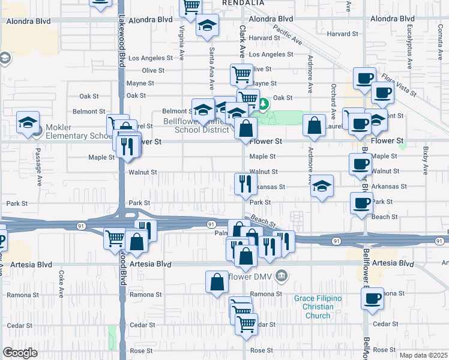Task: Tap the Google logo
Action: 20,352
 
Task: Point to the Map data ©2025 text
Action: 423,355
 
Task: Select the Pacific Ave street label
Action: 288,35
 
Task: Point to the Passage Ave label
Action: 37,162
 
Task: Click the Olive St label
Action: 153,70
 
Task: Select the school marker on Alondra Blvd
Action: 208,25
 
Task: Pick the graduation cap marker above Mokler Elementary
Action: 28,122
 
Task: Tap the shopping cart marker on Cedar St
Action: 246,324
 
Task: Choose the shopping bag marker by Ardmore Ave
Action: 315,125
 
